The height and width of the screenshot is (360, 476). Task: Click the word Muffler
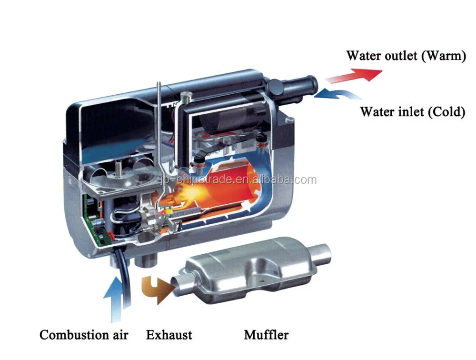pos(266,335)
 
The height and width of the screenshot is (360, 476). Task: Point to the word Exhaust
pos(169,335)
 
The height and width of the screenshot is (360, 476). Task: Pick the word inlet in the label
pos(406,112)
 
